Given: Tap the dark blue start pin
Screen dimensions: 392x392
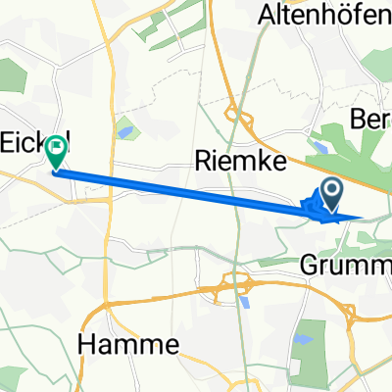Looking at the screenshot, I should (331, 193).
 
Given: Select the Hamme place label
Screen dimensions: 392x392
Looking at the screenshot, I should (127, 344).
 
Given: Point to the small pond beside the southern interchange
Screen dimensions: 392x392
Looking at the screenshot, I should (244, 303).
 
